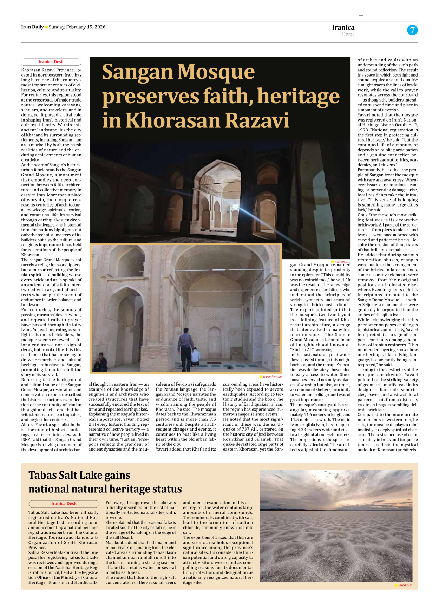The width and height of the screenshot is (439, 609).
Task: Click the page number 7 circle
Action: pyautogui.click(x=412, y=30)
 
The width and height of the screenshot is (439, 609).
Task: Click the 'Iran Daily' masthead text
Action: pyautogui.click(x=32, y=27)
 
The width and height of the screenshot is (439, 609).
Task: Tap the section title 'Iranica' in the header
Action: pyautogui.click(x=343, y=27)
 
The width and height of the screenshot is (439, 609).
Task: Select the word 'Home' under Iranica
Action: pyautogui.click(x=348, y=34)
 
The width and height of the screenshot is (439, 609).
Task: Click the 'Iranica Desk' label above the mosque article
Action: pyautogui.click(x=51, y=62)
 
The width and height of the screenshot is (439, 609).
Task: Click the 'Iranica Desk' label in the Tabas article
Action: pyautogui.click(x=64, y=503)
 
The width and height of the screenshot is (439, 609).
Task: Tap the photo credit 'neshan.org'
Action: pyautogui.click(x=342, y=261)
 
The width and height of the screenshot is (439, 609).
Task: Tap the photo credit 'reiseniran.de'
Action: pyautogui.click(x=272, y=376)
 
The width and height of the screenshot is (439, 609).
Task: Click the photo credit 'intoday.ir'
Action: pyautogui.click(x=405, y=585)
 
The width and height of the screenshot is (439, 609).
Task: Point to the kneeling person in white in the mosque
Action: pyautogui.click(x=195, y=357)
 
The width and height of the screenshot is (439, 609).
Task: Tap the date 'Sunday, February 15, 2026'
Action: pyautogui.click(x=77, y=27)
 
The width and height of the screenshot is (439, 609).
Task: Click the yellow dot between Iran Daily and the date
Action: pyautogui.click(x=46, y=27)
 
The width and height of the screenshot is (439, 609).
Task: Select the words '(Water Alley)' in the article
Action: pyautogui.click(x=324, y=350)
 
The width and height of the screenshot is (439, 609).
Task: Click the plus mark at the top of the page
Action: pyautogui.click(x=361, y=15)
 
